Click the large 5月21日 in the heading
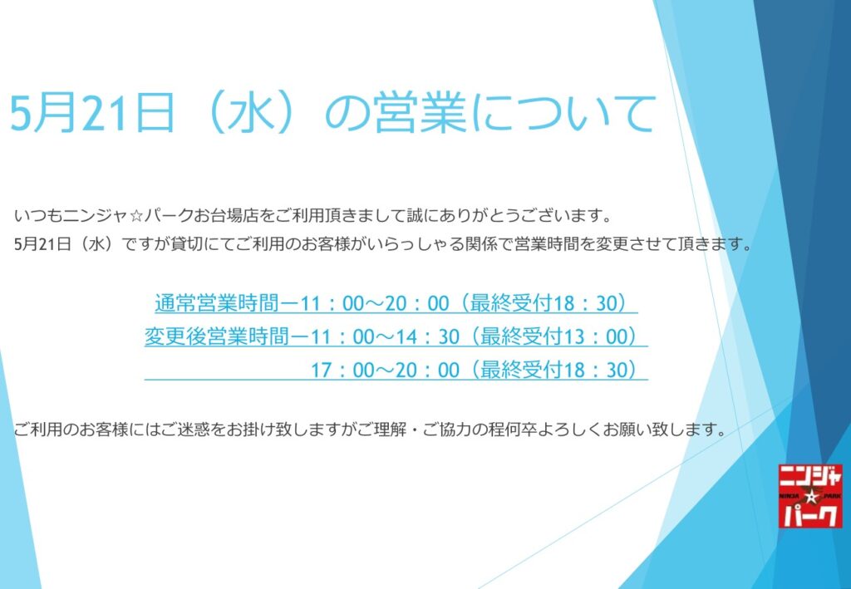tap(92, 113)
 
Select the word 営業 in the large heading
tap(420, 113)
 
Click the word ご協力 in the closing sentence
tap(444, 430)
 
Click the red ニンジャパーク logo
tap(810, 496)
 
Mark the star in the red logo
tap(810, 496)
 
